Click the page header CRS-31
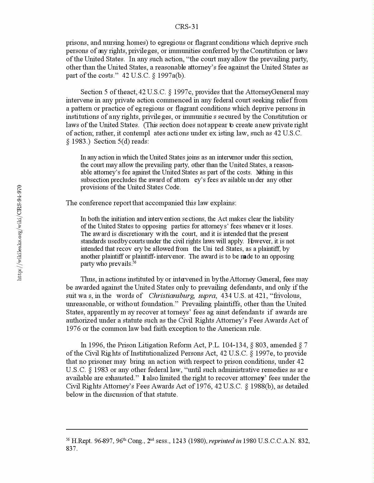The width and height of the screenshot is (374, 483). click(x=187, y=27)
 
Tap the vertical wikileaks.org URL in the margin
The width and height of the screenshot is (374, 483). click(x=19, y=232)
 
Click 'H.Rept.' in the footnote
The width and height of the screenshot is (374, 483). click(x=82, y=441)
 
